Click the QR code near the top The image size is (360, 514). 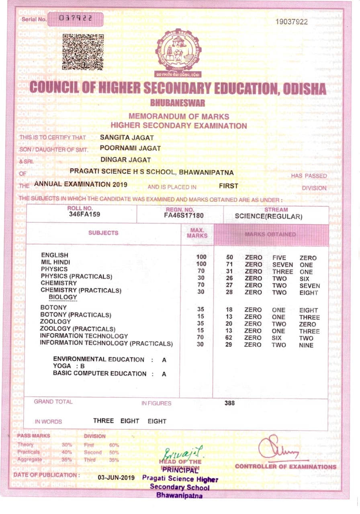83,52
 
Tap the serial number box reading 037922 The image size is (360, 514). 75,18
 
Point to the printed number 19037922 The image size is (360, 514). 292,22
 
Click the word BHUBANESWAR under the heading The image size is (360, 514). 177,103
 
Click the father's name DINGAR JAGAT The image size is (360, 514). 125,159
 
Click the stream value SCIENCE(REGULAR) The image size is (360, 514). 268,217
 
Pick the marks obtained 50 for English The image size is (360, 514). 230,257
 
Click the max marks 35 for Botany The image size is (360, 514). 201,309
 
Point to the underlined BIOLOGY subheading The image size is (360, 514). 63,297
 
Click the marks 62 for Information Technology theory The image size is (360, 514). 229,338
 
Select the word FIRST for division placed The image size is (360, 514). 229,186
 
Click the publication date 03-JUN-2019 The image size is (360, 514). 116,477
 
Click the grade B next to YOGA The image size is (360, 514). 82,366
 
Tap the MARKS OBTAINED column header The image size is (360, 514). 271,234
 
